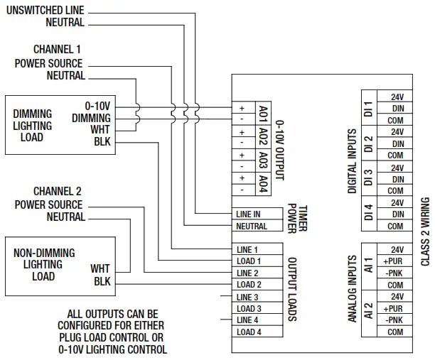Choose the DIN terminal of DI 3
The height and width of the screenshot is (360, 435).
pyautogui.click(x=397, y=179)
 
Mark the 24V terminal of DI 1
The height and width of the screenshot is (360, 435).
pyautogui.click(x=397, y=97)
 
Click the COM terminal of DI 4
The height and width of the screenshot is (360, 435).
pyautogui.click(x=395, y=227)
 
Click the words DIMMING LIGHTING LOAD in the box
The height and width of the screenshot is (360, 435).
pyautogui.click(x=32, y=125)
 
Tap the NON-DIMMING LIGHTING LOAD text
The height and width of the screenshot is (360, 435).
pyautogui.click(x=44, y=264)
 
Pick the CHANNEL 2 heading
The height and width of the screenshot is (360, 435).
pyautogui.click(x=58, y=192)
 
